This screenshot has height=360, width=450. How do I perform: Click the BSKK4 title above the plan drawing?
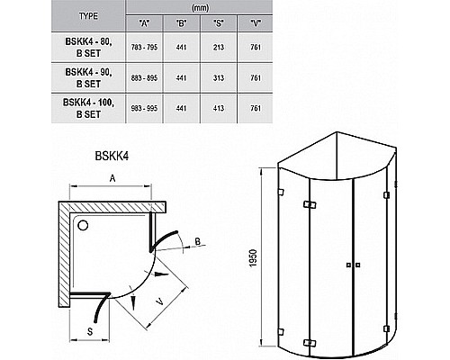[x=112, y=154]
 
